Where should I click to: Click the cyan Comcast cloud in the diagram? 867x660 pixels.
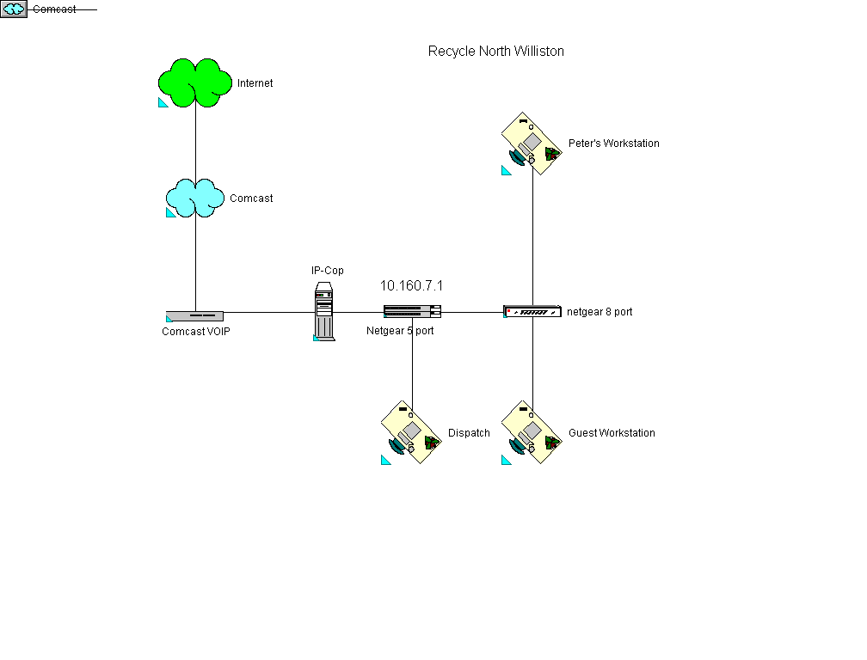[195, 198]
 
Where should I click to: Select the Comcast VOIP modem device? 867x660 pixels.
[195, 315]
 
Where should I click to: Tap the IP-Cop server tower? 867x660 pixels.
[324, 312]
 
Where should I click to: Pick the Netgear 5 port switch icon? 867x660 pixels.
[412, 311]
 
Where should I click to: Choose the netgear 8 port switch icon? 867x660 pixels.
[532, 311]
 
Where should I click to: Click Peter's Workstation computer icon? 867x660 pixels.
[532, 143]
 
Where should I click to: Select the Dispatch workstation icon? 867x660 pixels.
[412, 432]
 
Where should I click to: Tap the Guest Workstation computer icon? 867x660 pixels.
[532, 432]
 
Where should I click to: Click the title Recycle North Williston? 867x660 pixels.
[496, 52]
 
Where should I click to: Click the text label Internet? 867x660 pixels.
[255, 83]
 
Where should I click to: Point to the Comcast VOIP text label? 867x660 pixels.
[196, 332]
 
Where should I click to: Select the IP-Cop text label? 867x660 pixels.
[328, 271]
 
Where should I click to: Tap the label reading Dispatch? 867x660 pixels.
[469, 433]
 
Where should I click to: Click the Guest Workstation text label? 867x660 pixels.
[612, 433]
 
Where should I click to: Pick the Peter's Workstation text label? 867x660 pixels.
[614, 144]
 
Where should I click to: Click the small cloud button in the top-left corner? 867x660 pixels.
[15, 9]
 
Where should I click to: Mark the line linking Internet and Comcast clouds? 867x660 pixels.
[195, 143]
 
